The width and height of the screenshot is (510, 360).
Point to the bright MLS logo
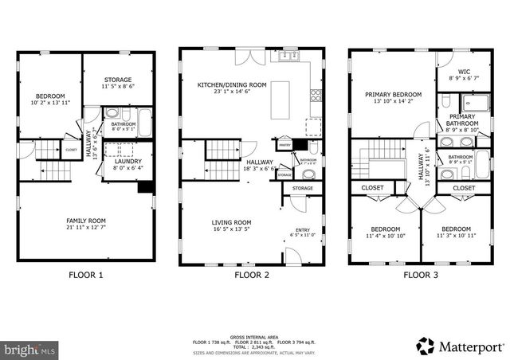coord(30,349)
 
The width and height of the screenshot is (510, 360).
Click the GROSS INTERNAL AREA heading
coord(254,336)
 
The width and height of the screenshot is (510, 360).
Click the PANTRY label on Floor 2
coord(284,145)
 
